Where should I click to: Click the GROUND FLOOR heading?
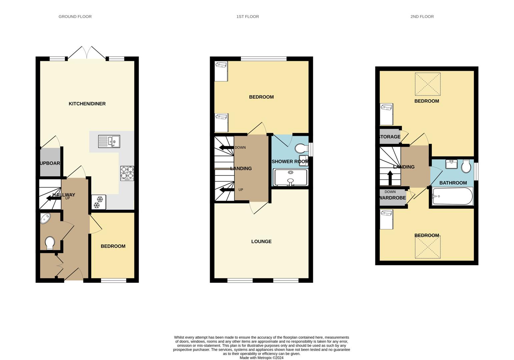(75, 16)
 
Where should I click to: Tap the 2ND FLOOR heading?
(422, 16)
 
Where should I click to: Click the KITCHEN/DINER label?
(87, 104)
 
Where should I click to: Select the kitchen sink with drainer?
(109, 141)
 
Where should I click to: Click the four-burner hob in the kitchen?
(127, 173)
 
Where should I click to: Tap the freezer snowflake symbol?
(99, 202)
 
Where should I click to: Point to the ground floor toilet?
(50, 243)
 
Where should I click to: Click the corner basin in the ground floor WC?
(45, 218)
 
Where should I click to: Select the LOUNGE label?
(261, 241)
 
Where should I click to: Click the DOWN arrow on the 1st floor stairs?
(225, 148)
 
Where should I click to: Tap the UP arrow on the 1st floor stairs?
(225, 190)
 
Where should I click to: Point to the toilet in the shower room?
(301, 148)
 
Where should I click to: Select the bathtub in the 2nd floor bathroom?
(452, 196)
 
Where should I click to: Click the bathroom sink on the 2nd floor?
(452, 165)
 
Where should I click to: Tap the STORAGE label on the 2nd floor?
(390, 137)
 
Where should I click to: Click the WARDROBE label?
(393, 198)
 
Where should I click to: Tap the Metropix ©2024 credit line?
(262, 358)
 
